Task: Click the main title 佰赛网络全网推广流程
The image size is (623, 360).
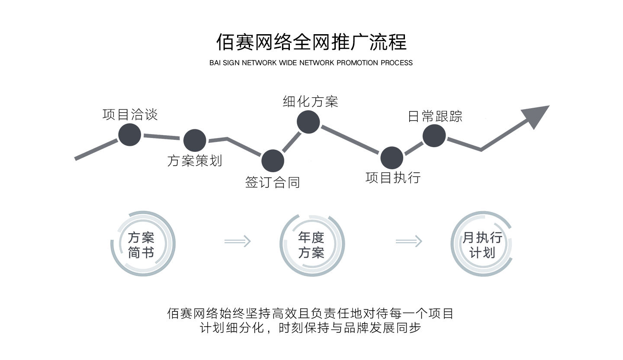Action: pos(311,42)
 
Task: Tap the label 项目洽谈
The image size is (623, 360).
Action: pos(130,115)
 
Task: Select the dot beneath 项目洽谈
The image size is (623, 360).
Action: pos(130,135)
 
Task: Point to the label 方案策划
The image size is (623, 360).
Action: pos(194,161)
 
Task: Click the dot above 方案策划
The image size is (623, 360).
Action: pos(195,141)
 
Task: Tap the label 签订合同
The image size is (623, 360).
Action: pos(272,183)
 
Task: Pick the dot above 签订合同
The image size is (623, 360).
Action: pos(273,161)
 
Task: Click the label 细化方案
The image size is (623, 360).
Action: pos(310,101)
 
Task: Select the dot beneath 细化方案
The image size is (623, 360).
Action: pos(308,122)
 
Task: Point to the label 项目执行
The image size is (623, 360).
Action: pos(393,177)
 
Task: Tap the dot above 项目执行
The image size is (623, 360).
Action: pos(392,158)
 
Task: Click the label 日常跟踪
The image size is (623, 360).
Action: pos(435,116)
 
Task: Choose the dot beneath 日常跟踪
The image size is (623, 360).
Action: pos(434,136)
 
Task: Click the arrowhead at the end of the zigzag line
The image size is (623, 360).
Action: pos(536,117)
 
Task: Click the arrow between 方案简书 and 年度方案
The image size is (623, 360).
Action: pos(238,241)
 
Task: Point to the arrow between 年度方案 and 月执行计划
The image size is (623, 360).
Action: pos(409,241)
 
